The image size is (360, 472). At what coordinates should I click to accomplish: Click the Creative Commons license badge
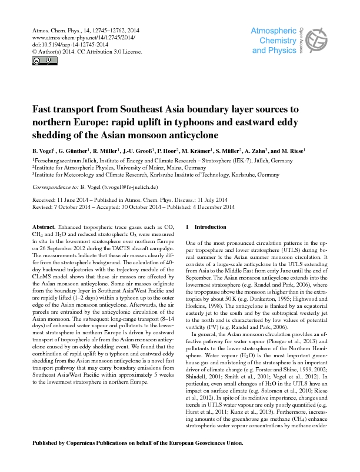pos(36,60)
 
